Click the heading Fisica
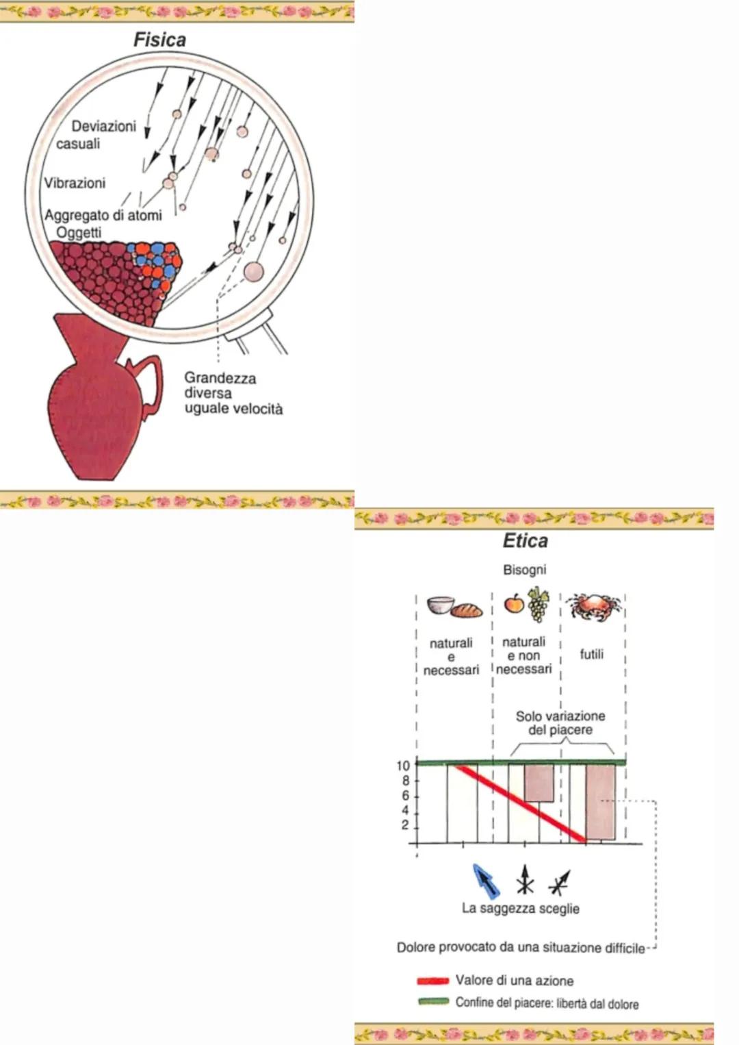159,40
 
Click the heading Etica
525,541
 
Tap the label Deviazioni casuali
96,135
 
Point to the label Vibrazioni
75,183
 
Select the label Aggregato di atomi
103,215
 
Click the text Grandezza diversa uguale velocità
233,393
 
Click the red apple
514,603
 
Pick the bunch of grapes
539,604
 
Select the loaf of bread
466,609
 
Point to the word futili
592,654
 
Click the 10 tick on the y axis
403,766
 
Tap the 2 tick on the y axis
405,825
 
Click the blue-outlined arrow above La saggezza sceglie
486,880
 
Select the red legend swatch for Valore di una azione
432,981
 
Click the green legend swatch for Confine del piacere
432,1002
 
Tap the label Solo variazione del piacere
560,722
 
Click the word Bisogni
524,570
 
